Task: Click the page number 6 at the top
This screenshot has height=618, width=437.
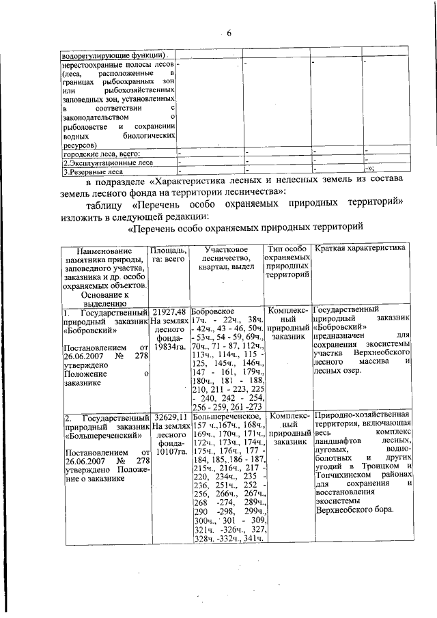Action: tap(229, 33)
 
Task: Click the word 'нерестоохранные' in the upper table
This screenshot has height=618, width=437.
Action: tap(89, 64)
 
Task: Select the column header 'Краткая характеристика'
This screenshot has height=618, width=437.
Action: tap(360, 247)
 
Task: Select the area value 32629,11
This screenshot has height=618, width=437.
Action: tap(170, 415)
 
